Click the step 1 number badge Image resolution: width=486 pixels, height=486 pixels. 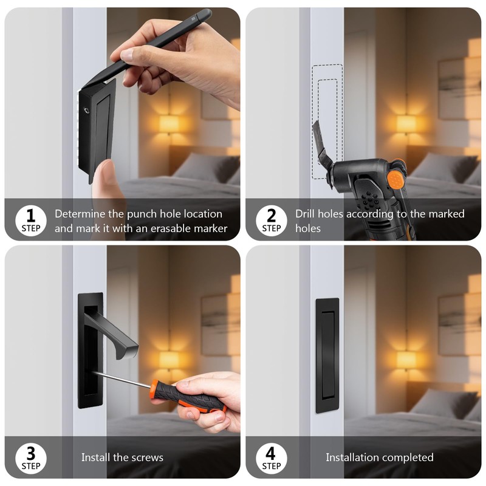31,219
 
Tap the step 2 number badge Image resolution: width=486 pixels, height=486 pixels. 271,219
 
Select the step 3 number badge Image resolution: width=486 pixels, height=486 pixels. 31,457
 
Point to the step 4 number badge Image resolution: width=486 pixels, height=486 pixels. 271,457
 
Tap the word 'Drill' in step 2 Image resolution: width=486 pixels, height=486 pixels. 307,214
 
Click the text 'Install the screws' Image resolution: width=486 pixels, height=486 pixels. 122,457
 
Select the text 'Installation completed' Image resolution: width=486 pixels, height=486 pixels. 379,457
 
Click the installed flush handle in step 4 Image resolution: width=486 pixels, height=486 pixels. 327,355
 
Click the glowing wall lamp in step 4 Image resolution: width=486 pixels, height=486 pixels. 406,360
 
